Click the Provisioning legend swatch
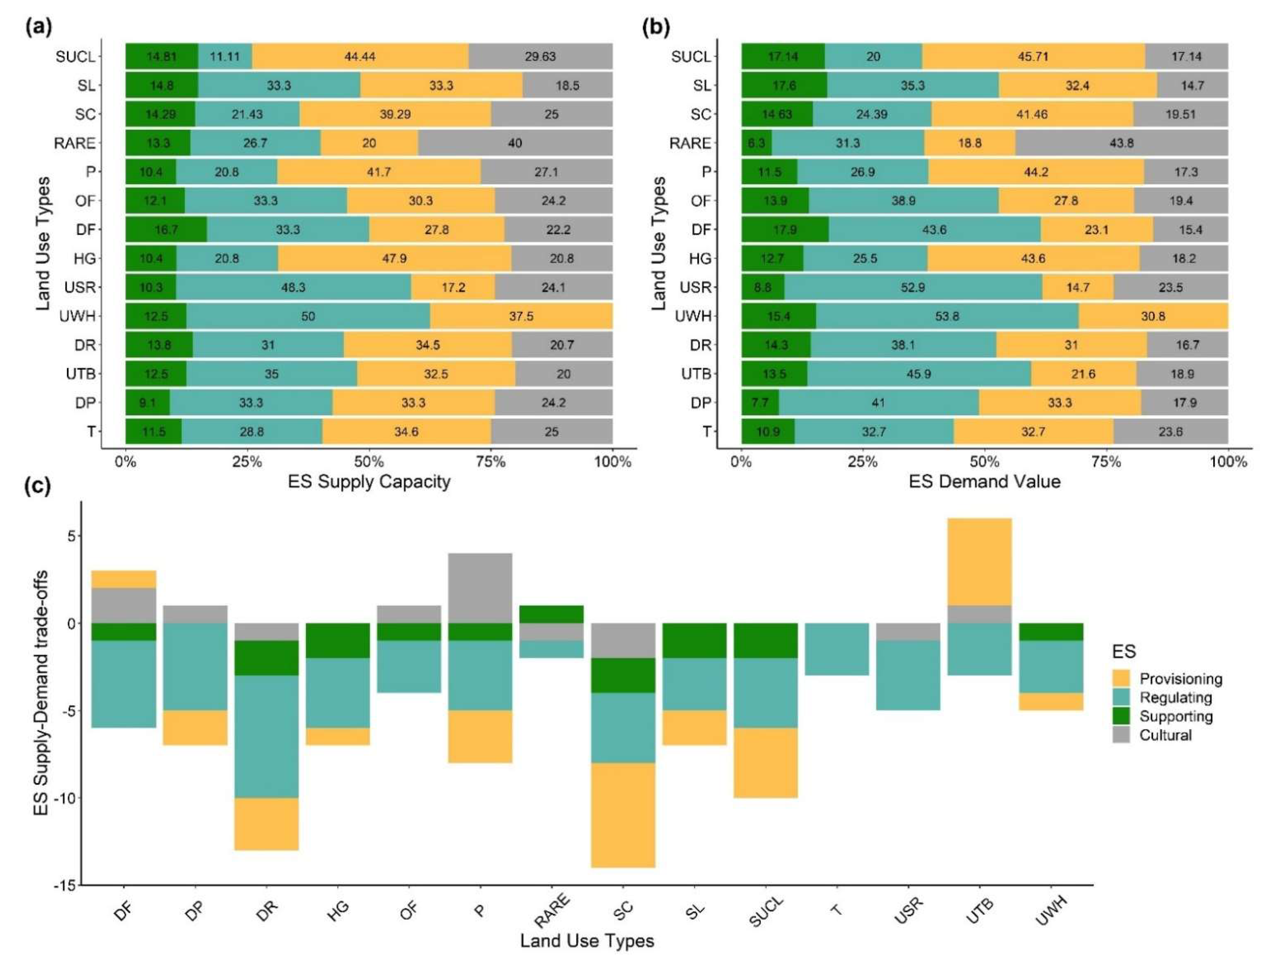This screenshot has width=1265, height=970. [x=1121, y=678]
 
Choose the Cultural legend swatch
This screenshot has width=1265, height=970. [x=1121, y=735]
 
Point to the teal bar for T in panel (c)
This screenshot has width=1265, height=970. [x=836, y=649]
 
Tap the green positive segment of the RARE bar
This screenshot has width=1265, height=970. [x=551, y=614]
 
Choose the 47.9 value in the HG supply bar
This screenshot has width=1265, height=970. [x=394, y=259]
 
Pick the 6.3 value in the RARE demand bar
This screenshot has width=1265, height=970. [x=756, y=143]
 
